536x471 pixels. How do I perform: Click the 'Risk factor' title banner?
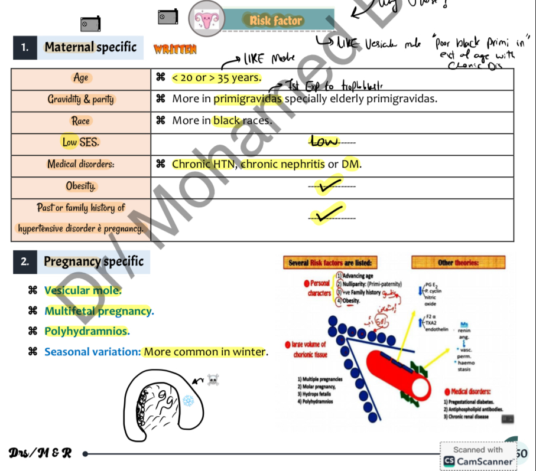click(x=276, y=21)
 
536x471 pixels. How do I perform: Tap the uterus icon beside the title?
click(x=206, y=19)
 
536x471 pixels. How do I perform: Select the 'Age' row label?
click(x=80, y=77)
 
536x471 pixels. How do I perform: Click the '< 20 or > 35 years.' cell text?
click(x=216, y=77)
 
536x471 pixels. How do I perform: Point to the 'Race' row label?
click(x=80, y=120)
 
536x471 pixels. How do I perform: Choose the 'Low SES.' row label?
click(x=80, y=142)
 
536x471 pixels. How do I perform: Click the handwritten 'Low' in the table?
click(x=324, y=141)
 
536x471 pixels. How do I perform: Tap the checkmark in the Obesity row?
click(x=329, y=187)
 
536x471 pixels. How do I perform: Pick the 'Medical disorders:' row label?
click(x=81, y=164)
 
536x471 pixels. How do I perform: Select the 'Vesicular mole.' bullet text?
click(x=83, y=290)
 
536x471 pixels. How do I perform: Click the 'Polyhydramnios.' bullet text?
click(x=87, y=331)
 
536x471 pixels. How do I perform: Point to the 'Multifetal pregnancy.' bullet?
click(x=99, y=311)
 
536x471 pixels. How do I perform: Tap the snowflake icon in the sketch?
click(x=189, y=401)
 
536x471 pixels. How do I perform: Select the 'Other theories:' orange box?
click(x=458, y=263)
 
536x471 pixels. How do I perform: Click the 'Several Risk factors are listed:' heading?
click(x=330, y=263)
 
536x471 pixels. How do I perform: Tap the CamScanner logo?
click(x=450, y=461)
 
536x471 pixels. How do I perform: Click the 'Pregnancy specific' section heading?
click(x=93, y=261)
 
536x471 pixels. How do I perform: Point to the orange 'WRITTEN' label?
click(x=175, y=50)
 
